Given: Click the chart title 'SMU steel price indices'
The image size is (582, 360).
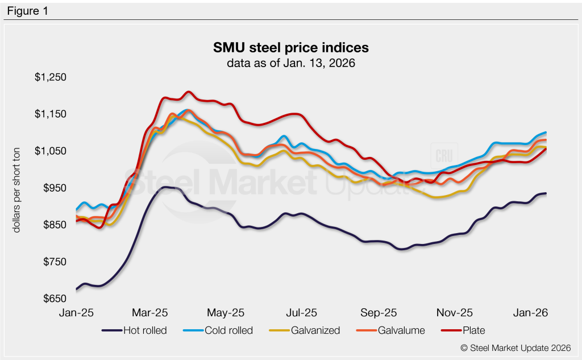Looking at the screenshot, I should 290,46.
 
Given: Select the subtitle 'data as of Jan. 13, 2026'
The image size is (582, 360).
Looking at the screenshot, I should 290,63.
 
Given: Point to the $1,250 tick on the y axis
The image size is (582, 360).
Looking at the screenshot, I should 50,77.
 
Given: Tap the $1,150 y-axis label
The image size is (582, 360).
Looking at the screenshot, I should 50,114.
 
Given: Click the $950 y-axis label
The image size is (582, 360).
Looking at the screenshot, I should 53,188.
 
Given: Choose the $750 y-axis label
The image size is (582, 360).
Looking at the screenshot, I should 53,262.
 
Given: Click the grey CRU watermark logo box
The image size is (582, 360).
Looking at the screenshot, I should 442,156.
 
